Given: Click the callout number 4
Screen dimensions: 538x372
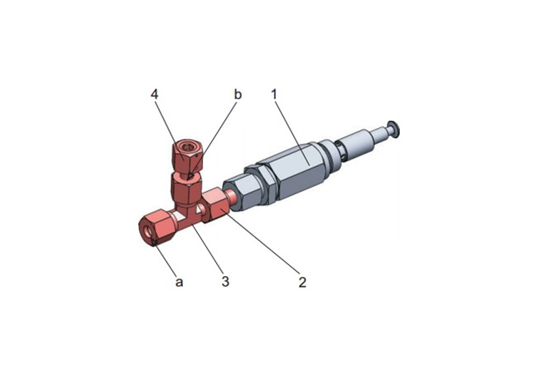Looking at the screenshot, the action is click(x=155, y=94).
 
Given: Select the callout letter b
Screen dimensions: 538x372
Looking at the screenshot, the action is click(x=238, y=94).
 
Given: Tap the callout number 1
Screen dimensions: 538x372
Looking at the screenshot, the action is click(x=274, y=94).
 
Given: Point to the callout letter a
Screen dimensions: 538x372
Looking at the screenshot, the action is click(x=179, y=282).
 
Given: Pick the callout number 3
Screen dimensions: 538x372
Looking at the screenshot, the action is click(x=225, y=282).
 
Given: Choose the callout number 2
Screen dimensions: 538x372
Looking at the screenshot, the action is click(x=302, y=282).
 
